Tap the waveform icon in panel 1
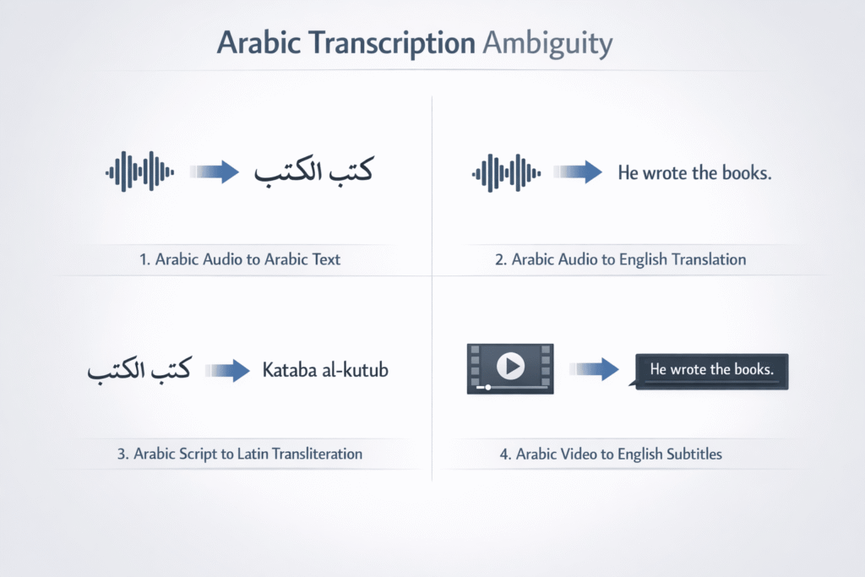pyautogui.click(x=139, y=172)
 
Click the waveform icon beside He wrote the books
pyautogui.click(x=504, y=172)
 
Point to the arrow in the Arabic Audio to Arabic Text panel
pyautogui.click(x=215, y=172)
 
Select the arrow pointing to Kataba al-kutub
pyautogui.click(x=226, y=370)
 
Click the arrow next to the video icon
pyautogui.click(x=596, y=368)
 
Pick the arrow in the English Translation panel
pyautogui.click(x=579, y=172)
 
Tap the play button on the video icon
pyautogui.click(x=510, y=365)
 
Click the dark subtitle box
pyautogui.click(x=710, y=371)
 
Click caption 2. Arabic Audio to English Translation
pyautogui.click(x=620, y=260)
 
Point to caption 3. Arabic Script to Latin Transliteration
pyautogui.click(x=240, y=454)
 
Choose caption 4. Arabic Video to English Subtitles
pyautogui.click(x=611, y=454)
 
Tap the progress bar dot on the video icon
pyautogui.click(x=487, y=387)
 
